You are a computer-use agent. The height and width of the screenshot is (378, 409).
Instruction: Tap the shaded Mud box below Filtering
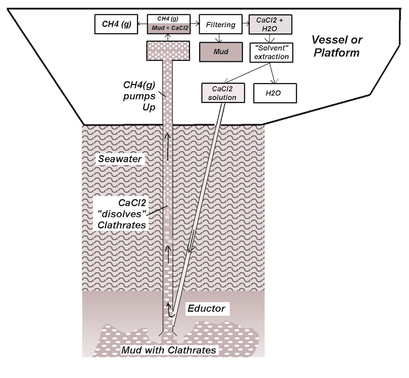click(221, 52)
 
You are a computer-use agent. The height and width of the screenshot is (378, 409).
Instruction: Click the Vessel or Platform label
click(335, 46)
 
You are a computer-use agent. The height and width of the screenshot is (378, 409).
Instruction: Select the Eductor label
click(206, 308)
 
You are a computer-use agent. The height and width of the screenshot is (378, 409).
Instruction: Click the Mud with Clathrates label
click(168, 350)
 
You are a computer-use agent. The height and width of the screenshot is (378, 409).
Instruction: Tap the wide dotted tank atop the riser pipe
click(169, 50)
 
